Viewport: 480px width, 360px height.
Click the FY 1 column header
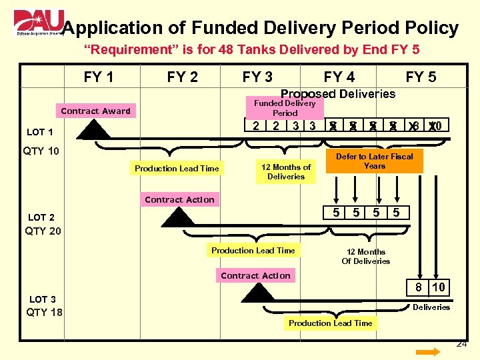99,77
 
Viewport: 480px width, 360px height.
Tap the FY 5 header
421,77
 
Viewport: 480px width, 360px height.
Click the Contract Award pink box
96,111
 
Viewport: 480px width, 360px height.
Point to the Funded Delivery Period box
285,107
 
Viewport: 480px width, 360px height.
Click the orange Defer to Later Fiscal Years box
374,161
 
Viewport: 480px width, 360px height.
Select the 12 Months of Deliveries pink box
286,171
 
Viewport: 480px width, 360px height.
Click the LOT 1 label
40,132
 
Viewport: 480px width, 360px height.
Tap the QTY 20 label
43,231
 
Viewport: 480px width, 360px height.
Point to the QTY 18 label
44,312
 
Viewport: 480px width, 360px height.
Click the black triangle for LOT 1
93,130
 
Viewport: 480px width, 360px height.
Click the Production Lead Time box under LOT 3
331,323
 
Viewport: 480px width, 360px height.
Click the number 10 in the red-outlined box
438,287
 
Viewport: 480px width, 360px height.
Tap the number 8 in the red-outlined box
418,287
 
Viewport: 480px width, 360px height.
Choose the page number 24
461,344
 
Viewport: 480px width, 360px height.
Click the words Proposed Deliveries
338,94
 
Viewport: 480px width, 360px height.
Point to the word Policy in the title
432,28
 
